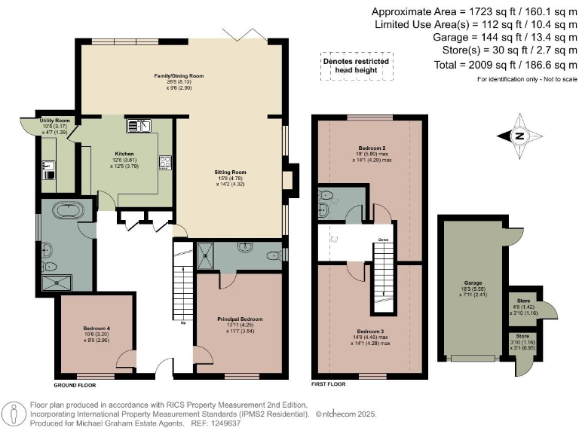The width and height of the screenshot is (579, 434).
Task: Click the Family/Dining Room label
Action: coord(179,76)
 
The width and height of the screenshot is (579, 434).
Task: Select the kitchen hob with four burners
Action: coord(165,162)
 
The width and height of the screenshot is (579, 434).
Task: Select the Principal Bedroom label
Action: coord(239,319)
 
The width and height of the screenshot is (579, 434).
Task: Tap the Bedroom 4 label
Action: coord(97,329)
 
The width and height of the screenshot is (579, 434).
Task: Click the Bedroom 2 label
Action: coord(372,148)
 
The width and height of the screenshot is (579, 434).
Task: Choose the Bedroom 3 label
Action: coord(372,332)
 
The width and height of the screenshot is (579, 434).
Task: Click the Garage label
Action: coord(473,280)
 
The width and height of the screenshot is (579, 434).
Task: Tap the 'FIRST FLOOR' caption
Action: coord(328,384)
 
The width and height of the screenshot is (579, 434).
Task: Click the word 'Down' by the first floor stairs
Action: coord(383,242)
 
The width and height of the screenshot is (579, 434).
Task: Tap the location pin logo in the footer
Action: coord(14,413)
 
